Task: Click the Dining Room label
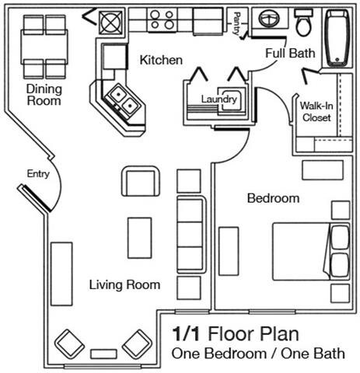click(x=44, y=94)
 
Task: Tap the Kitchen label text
click(x=161, y=60)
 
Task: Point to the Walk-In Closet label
click(x=316, y=112)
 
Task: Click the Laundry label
click(x=218, y=99)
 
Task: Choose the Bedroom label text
click(x=273, y=198)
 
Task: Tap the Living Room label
click(x=124, y=284)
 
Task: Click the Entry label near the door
click(x=37, y=174)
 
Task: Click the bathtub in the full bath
click(x=338, y=37)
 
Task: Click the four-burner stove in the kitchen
click(x=163, y=19)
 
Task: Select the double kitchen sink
click(x=122, y=97)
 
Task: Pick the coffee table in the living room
click(x=139, y=238)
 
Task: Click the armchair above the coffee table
click(x=141, y=182)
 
